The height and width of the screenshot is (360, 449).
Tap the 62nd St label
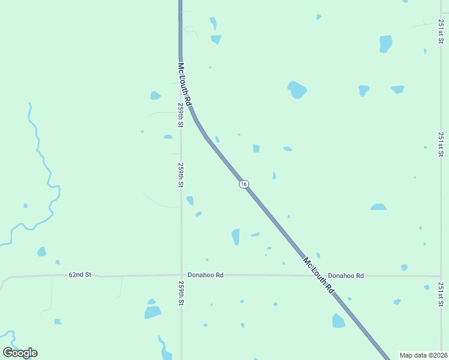coord(79,275)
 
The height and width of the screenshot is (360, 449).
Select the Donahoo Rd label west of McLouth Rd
coord(205,275)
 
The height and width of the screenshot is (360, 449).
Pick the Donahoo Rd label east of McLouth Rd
coord(346,275)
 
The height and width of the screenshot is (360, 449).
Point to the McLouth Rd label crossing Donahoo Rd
coord(318,275)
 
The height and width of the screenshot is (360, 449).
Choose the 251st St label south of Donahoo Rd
coord(441,294)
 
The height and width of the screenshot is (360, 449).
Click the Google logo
coord(20,353)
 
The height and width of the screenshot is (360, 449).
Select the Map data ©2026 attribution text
coord(423,355)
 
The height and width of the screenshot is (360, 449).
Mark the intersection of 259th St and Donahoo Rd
coord(181,275)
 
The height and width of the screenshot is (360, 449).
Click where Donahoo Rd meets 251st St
coord(441,276)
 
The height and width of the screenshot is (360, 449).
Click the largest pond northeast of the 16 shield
coord(297,90)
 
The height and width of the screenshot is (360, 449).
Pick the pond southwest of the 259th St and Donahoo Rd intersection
coord(152,312)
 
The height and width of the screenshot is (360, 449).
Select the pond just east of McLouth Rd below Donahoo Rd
coord(339,321)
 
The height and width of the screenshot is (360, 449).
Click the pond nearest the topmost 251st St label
coord(385,44)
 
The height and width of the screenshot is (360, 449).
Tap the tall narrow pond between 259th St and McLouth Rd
coord(236,237)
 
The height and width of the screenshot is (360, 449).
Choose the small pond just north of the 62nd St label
coord(58,262)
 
